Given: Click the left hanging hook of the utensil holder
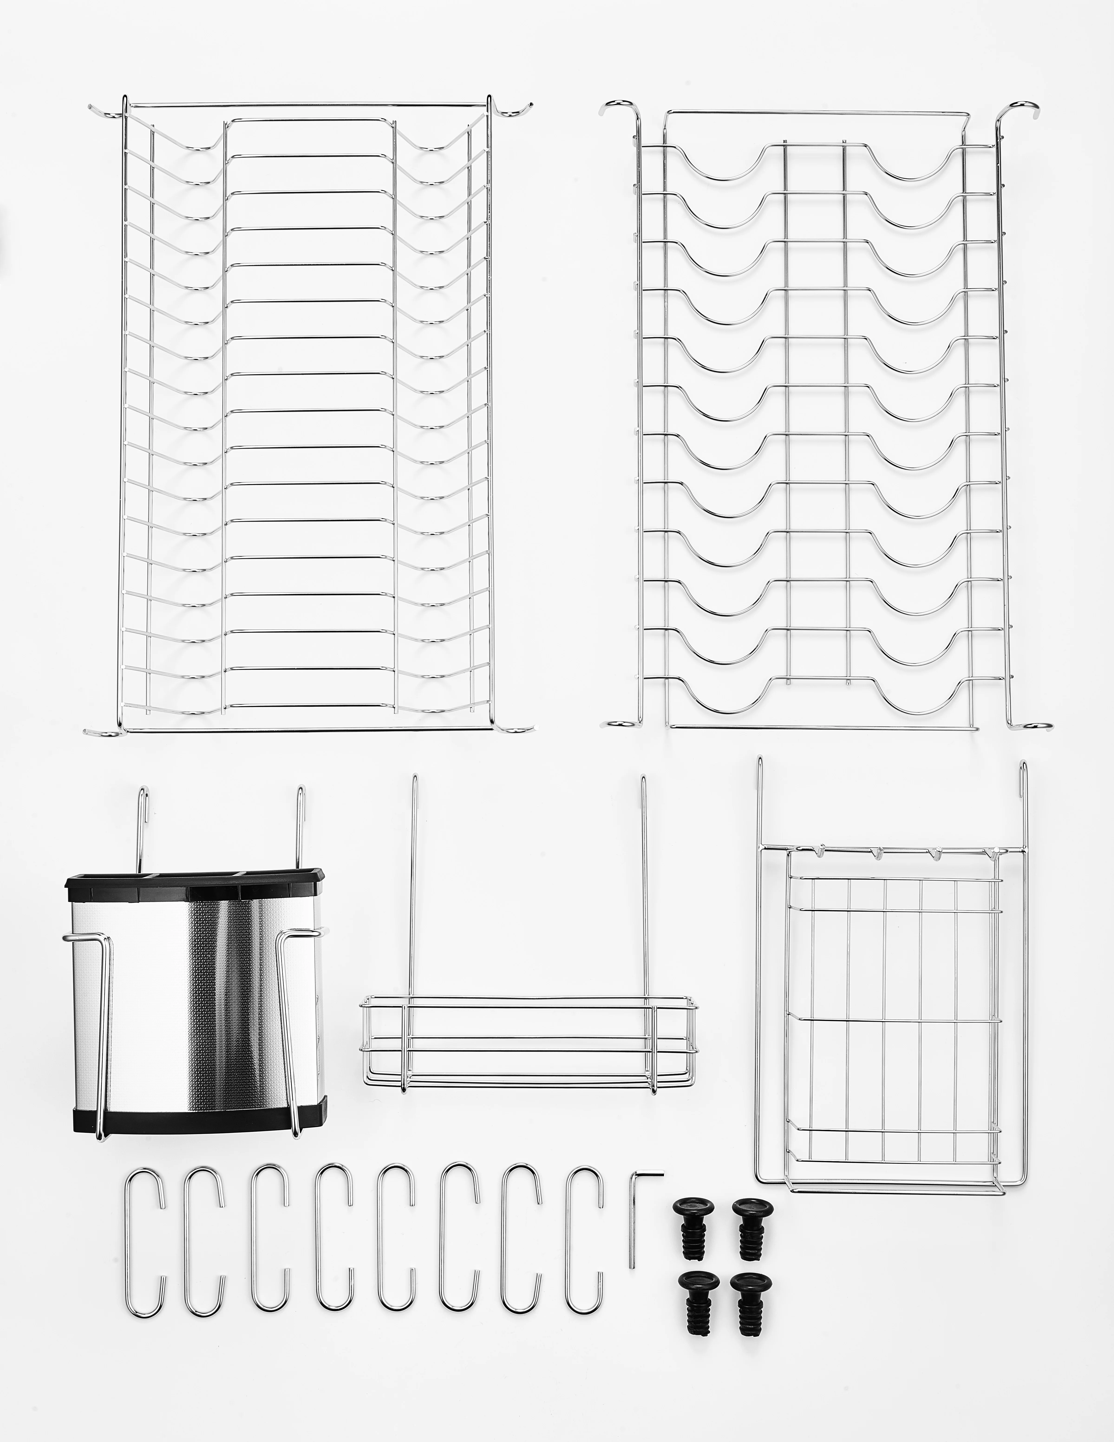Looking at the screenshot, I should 142,825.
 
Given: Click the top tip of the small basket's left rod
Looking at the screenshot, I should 415,779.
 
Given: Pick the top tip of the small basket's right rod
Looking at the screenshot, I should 642,779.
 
